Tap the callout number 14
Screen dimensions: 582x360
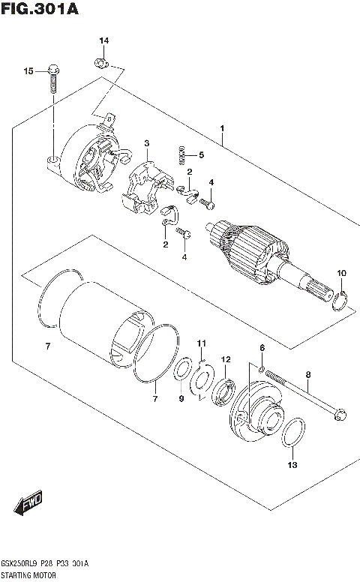coord(103,40)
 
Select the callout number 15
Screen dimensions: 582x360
coord(28,71)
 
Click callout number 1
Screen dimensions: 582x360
coord(222,128)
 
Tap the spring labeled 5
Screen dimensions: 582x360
coord(180,155)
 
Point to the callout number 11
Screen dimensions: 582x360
coord(201,343)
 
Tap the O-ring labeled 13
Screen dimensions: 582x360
coord(293,436)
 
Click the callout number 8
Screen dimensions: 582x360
coord(307,373)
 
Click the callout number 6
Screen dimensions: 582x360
coord(262,347)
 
